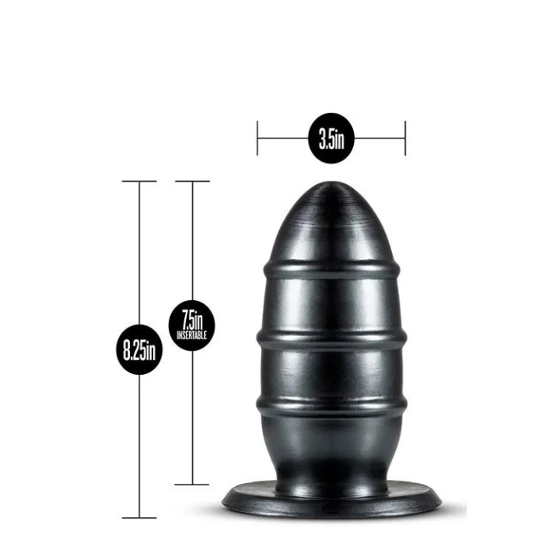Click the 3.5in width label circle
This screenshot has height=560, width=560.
click(x=331, y=140)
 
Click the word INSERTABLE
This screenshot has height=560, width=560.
click(x=191, y=334)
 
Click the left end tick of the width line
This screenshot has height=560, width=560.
click(x=258, y=140)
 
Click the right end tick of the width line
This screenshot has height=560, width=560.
click(x=404, y=140)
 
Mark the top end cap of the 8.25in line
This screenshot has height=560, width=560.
click(x=140, y=181)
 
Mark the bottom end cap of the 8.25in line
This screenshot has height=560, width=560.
click(x=140, y=517)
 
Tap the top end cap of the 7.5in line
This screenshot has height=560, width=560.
click(x=191, y=181)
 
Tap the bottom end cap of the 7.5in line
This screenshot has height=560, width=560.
click(x=191, y=484)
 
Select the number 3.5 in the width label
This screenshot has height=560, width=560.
click(x=327, y=140)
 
